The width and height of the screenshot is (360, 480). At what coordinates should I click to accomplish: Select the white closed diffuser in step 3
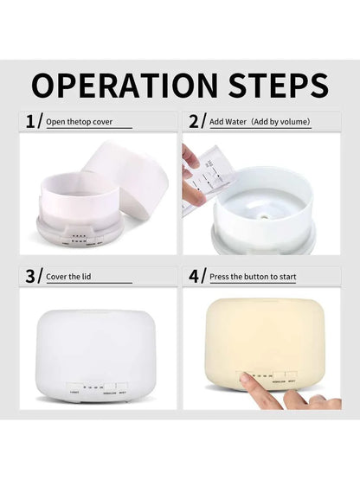pyautogui.click(x=91, y=350)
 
